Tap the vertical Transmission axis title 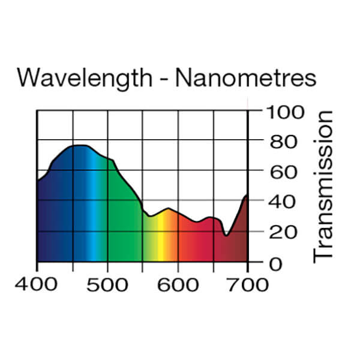(x=323, y=185)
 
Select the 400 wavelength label (x=37, y=284)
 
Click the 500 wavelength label (x=107, y=284)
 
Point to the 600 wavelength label (x=178, y=284)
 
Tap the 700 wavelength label (x=248, y=284)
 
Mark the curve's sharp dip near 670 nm (x=226, y=235)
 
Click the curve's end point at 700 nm (x=247, y=194)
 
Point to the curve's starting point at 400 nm (x=38, y=181)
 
